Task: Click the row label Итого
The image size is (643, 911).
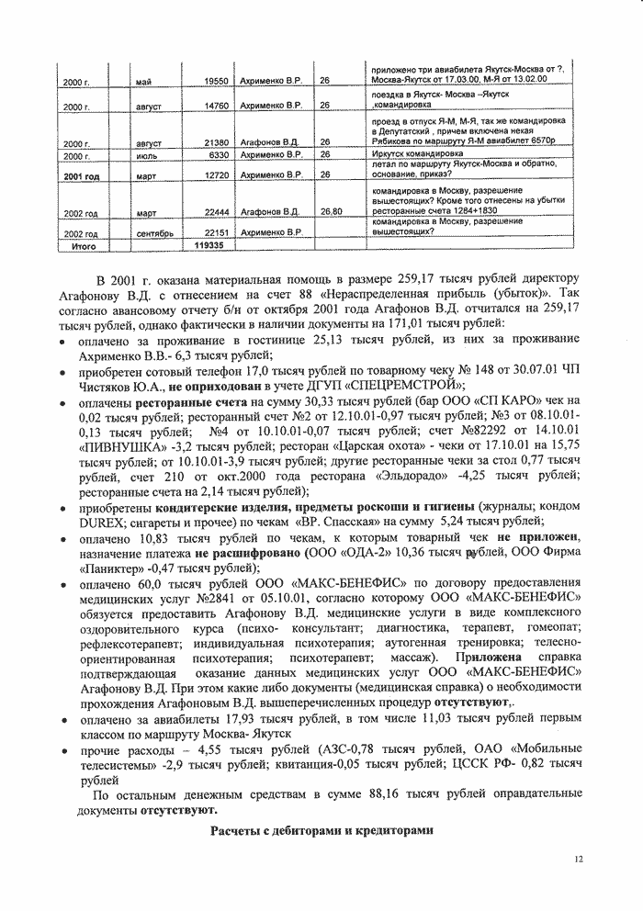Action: click(85, 246)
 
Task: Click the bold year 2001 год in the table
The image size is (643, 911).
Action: click(81, 174)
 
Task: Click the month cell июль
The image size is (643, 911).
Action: click(147, 156)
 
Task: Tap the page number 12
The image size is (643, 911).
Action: click(578, 860)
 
